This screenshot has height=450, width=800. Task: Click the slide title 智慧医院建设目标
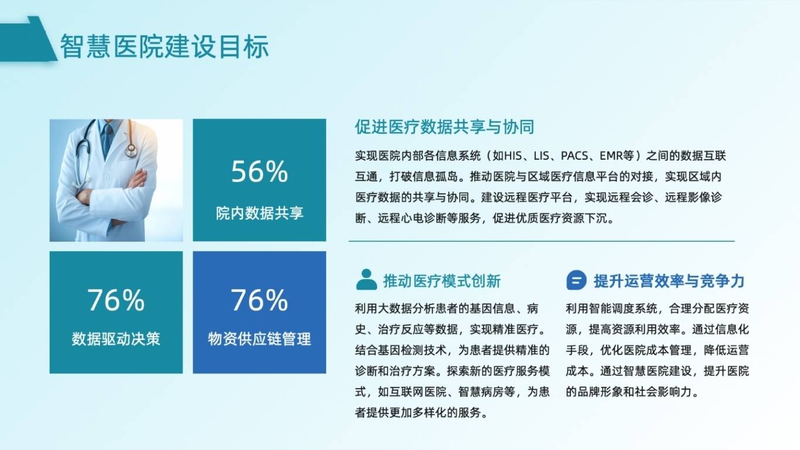point(165,46)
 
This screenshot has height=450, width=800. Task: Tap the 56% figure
point(259,171)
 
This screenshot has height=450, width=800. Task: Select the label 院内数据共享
point(259,213)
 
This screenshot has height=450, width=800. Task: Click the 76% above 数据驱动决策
point(116,300)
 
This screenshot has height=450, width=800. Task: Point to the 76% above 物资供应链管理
point(259,300)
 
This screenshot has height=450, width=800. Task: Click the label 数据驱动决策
point(116,339)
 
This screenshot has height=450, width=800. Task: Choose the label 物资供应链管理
point(259,339)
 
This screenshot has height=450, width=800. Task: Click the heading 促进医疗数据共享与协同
point(445,126)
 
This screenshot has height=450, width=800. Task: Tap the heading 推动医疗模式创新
point(442,281)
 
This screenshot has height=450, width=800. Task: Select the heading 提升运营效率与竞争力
point(669,281)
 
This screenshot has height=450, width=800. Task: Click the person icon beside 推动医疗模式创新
point(367,279)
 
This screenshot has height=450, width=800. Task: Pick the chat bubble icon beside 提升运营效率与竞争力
point(576,280)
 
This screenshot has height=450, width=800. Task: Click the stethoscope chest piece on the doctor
point(131,152)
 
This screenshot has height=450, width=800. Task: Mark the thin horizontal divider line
point(541,241)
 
